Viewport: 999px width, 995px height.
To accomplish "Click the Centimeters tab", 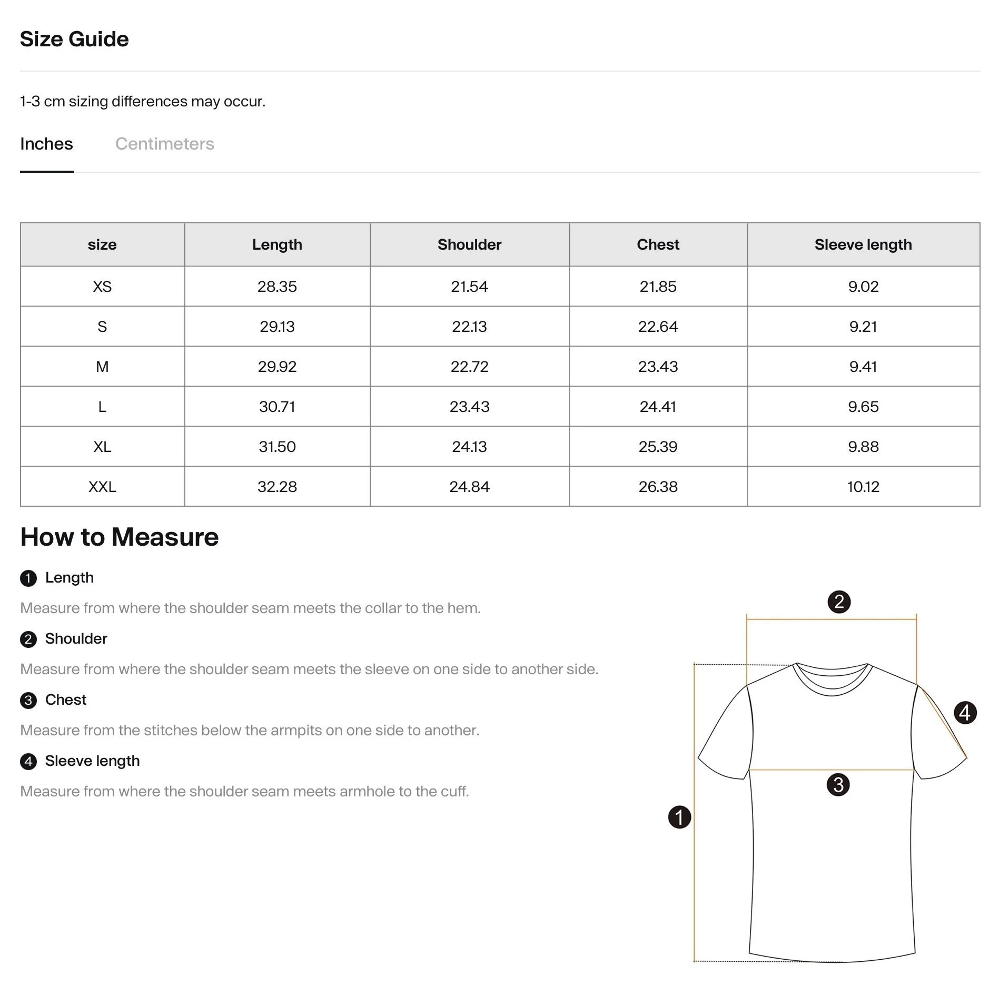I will [164, 144].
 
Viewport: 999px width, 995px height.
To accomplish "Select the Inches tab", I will [46, 144].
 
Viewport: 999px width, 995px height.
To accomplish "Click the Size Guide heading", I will [74, 39].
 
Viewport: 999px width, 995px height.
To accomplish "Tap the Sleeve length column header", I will [863, 244].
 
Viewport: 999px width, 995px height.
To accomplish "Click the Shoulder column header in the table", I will [469, 244].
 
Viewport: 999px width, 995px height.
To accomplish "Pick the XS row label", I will [102, 287].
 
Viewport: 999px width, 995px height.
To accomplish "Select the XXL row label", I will [102, 487].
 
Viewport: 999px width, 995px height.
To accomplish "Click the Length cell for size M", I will [277, 367].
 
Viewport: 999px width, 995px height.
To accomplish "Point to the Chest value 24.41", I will [658, 407].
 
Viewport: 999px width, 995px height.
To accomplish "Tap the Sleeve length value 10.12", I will [863, 487].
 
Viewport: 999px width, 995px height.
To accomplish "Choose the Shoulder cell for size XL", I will [469, 447].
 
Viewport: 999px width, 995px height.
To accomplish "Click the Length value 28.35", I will [277, 287].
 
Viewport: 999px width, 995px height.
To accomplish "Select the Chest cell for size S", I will [658, 327].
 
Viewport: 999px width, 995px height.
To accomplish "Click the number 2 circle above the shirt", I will [839, 602].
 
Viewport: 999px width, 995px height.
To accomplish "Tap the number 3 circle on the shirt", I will [838, 784].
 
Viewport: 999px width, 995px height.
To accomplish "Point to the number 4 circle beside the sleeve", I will [965, 713].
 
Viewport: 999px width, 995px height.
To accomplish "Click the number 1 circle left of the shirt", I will [679, 817].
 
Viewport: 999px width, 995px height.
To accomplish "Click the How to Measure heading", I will [120, 537].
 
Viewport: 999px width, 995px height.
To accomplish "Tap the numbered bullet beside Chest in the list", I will [28, 701].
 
